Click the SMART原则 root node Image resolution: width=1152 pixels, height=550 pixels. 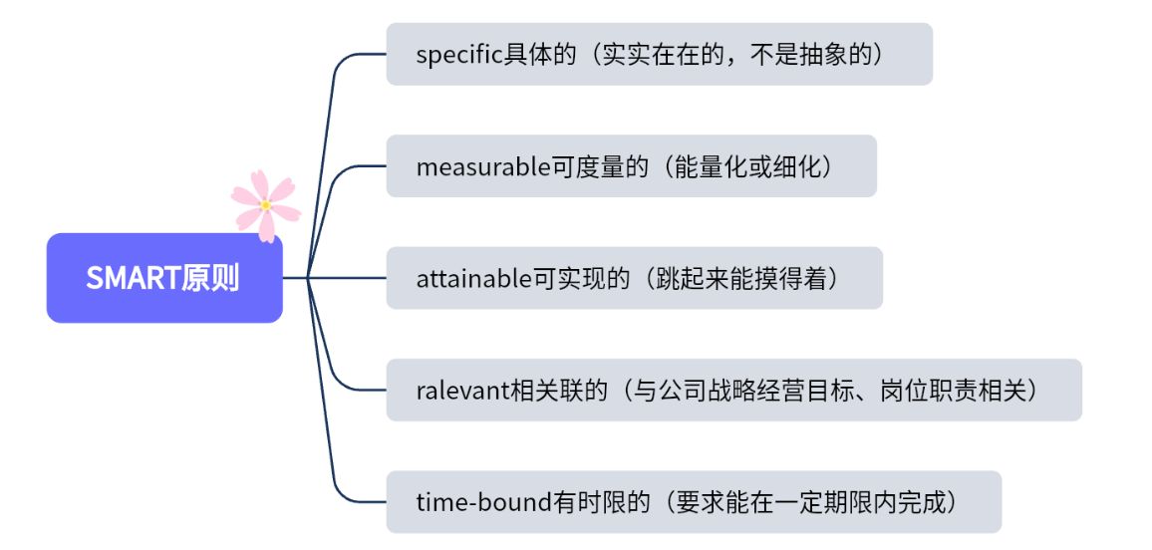coord(164,278)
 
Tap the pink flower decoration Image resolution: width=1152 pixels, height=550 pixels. coord(265,205)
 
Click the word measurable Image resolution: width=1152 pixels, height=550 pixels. coord(483,166)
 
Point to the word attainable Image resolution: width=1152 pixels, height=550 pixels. coord(475,278)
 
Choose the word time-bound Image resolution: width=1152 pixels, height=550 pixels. coord(483,502)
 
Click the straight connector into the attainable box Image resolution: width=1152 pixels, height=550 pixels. coord(349,278)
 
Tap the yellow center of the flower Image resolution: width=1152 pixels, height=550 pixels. coord(265,205)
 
